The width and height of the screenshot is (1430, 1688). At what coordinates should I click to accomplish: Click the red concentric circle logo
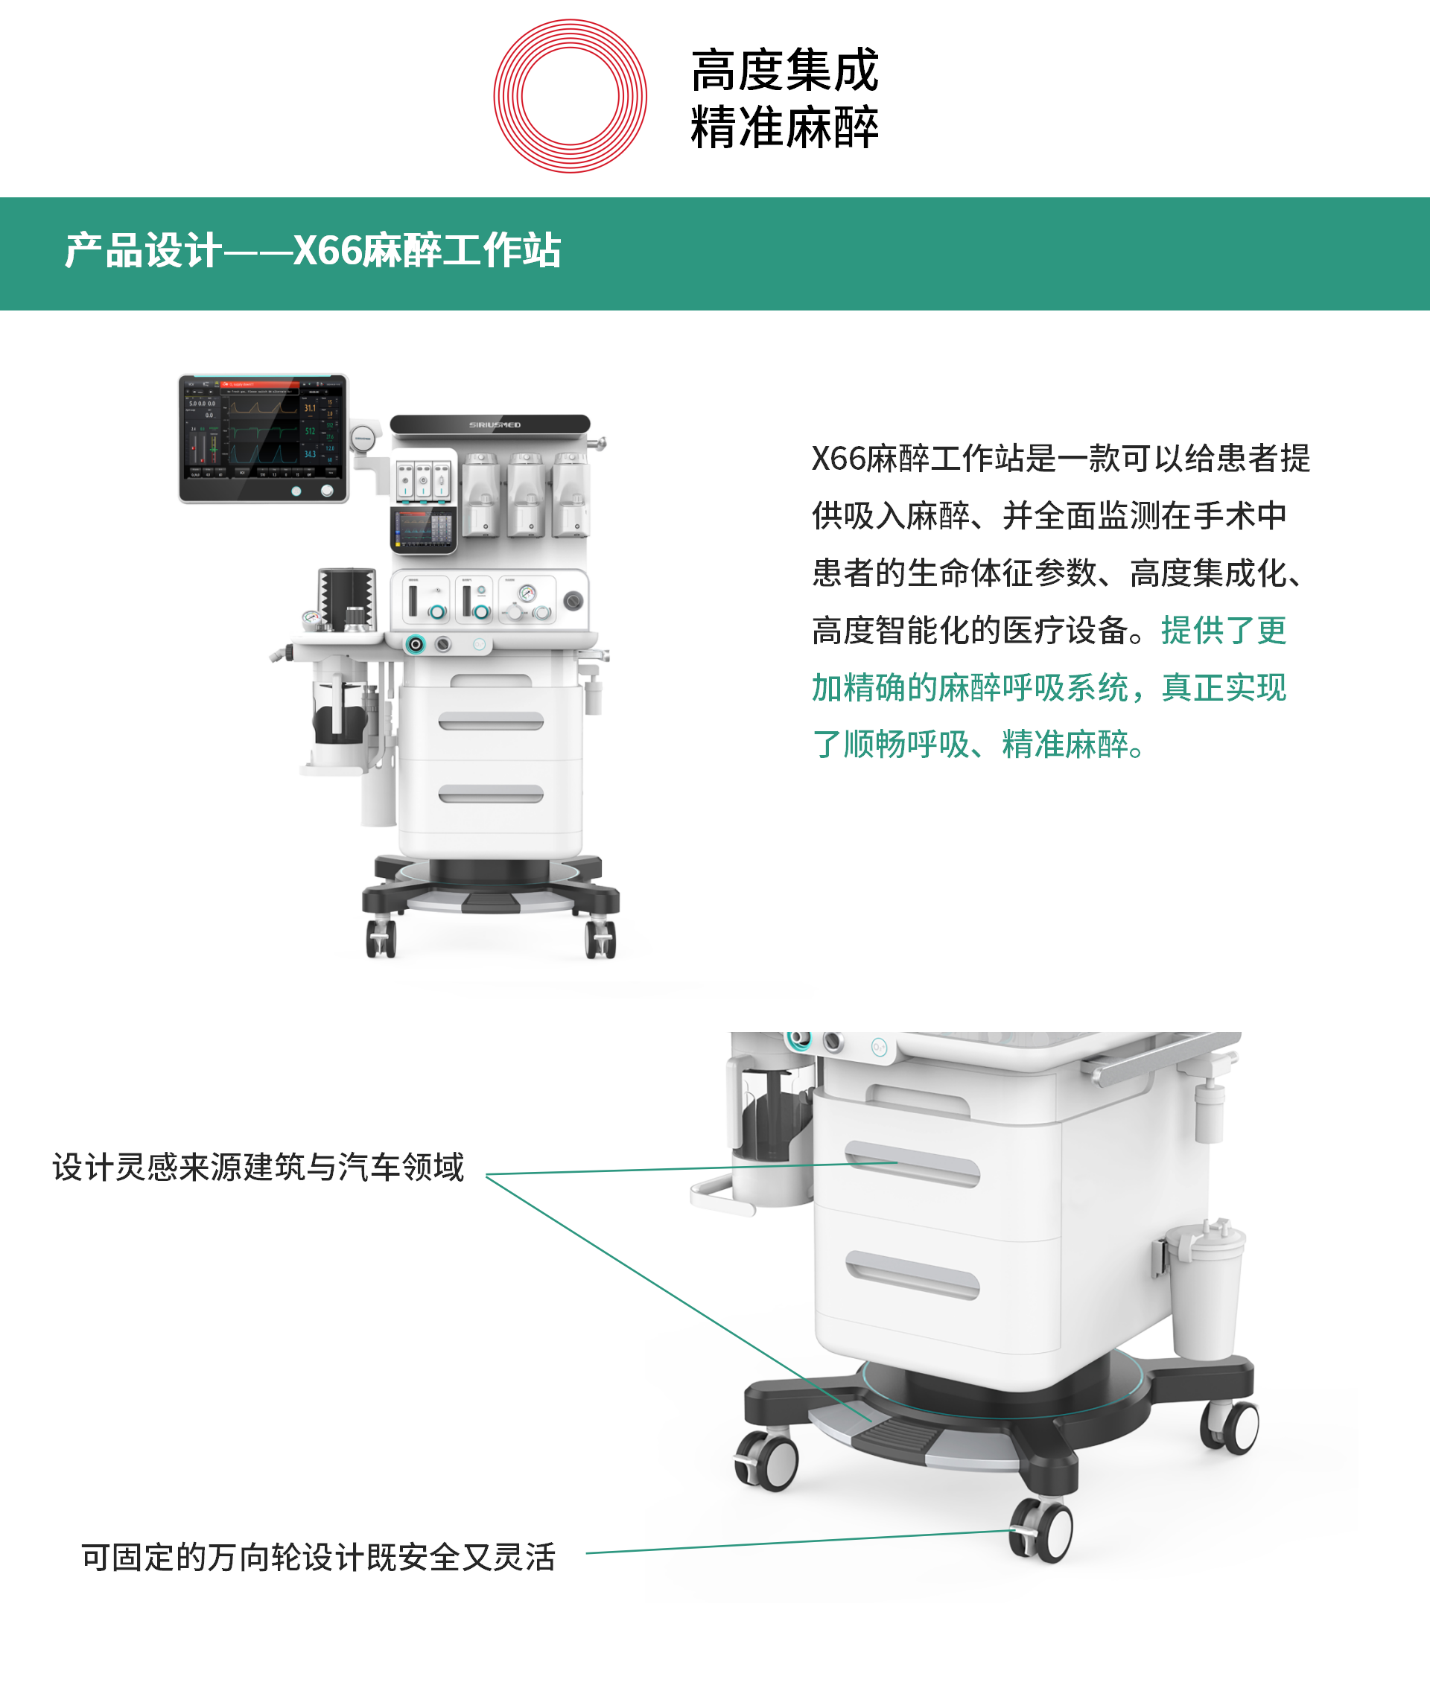click(570, 95)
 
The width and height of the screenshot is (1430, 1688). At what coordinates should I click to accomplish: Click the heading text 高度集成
click(784, 70)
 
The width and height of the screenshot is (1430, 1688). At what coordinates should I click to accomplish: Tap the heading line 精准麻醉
click(784, 128)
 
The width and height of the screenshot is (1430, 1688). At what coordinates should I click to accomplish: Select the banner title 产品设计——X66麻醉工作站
click(313, 250)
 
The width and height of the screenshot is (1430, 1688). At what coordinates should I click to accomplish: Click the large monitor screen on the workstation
click(263, 438)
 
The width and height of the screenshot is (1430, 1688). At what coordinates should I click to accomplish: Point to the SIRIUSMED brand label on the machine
click(495, 424)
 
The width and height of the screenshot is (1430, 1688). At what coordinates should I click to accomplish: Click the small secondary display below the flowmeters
click(422, 529)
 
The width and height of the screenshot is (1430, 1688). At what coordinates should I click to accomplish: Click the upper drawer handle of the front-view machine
click(491, 721)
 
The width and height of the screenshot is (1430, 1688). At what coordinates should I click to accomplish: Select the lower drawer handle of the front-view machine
click(491, 793)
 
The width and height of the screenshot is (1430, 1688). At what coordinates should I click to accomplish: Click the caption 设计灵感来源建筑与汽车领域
click(258, 1168)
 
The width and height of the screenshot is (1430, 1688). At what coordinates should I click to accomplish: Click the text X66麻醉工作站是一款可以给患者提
click(1061, 459)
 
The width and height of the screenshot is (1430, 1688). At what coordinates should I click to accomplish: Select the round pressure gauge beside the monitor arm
click(363, 439)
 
